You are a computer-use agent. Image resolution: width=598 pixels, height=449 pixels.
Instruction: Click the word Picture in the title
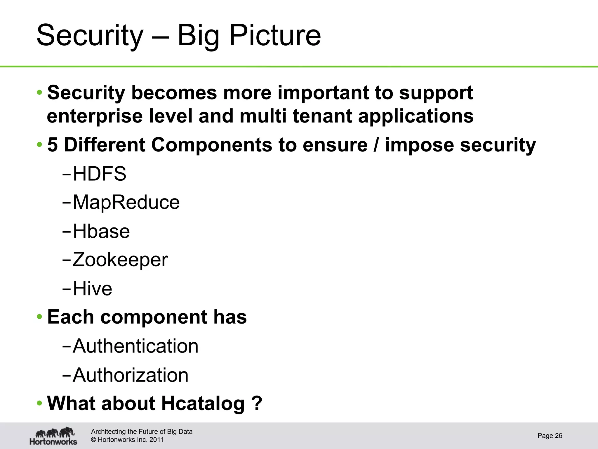[x=275, y=36]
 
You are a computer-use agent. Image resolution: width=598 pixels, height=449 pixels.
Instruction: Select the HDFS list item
[x=99, y=174]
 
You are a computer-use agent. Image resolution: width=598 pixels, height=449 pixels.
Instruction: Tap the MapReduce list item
[x=126, y=202]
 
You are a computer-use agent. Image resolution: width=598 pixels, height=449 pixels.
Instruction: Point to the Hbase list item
[x=101, y=231]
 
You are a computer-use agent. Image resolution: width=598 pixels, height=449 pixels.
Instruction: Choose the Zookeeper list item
[x=120, y=260]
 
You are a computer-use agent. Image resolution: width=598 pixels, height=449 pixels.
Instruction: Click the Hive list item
[x=92, y=289]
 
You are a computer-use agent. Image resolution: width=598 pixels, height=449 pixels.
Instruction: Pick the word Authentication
[x=135, y=346]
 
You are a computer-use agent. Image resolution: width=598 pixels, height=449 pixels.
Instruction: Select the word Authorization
[x=131, y=375]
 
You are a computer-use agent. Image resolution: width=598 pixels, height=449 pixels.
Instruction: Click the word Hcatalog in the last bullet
[x=203, y=404]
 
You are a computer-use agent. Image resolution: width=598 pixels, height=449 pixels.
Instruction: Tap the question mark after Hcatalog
[x=257, y=403]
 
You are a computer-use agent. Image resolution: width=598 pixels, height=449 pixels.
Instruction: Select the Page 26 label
[x=550, y=436]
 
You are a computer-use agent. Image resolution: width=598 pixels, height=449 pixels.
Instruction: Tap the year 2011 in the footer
[x=156, y=440]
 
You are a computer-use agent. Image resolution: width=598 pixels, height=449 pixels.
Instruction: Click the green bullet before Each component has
[x=39, y=317]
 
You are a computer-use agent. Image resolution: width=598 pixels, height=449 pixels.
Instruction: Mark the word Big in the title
[x=198, y=36]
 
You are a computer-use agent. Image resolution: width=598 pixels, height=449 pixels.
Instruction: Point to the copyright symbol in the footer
[x=93, y=440]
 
